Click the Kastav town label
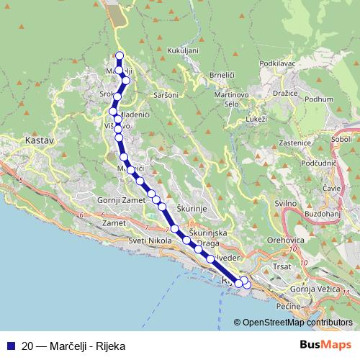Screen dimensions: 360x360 39,141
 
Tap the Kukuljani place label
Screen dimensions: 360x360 182,51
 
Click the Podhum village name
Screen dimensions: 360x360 319,99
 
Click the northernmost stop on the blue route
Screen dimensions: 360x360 120,55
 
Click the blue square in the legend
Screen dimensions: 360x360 10,345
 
